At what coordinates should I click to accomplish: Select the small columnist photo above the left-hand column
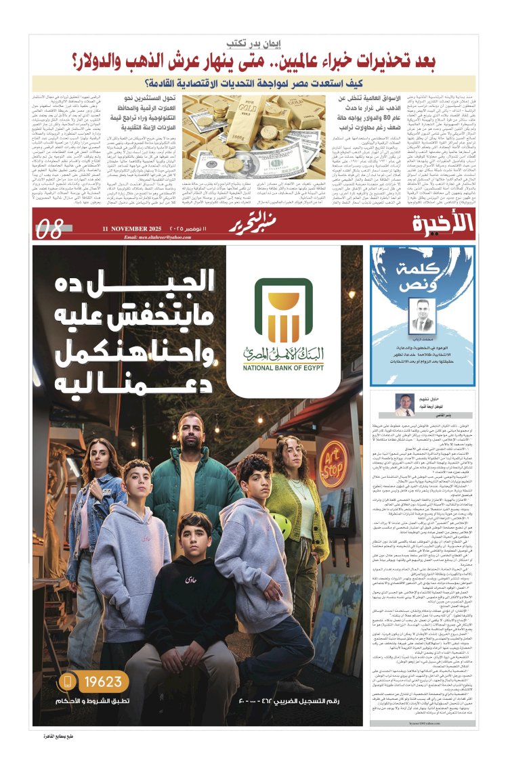tap(405, 404)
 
